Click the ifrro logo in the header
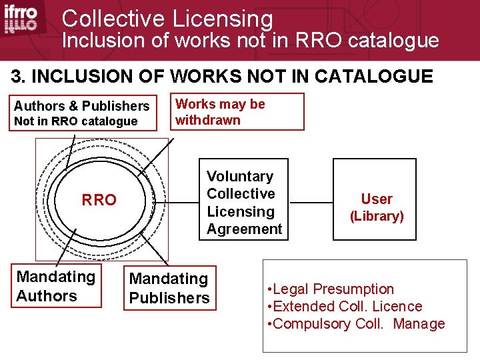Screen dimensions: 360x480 click(x=21, y=19)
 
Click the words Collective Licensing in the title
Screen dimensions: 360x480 click(x=167, y=18)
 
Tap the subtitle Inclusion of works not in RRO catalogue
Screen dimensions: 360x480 click(x=250, y=41)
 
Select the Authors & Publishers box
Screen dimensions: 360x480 click(x=82, y=113)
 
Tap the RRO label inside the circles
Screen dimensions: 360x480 click(x=99, y=199)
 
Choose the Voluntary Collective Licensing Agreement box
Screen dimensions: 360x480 click(x=244, y=202)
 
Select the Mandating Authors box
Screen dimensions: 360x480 click(x=56, y=286)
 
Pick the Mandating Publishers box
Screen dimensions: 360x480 click(x=169, y=289)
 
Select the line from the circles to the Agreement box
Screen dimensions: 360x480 click(x=177, y=199)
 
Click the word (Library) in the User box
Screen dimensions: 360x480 click(x=377, y=216)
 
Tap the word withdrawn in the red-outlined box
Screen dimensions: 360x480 click(x=208, y=121)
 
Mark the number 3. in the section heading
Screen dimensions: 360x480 click(x=20, y=77)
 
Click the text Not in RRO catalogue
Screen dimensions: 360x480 click(x=76, y=121)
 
